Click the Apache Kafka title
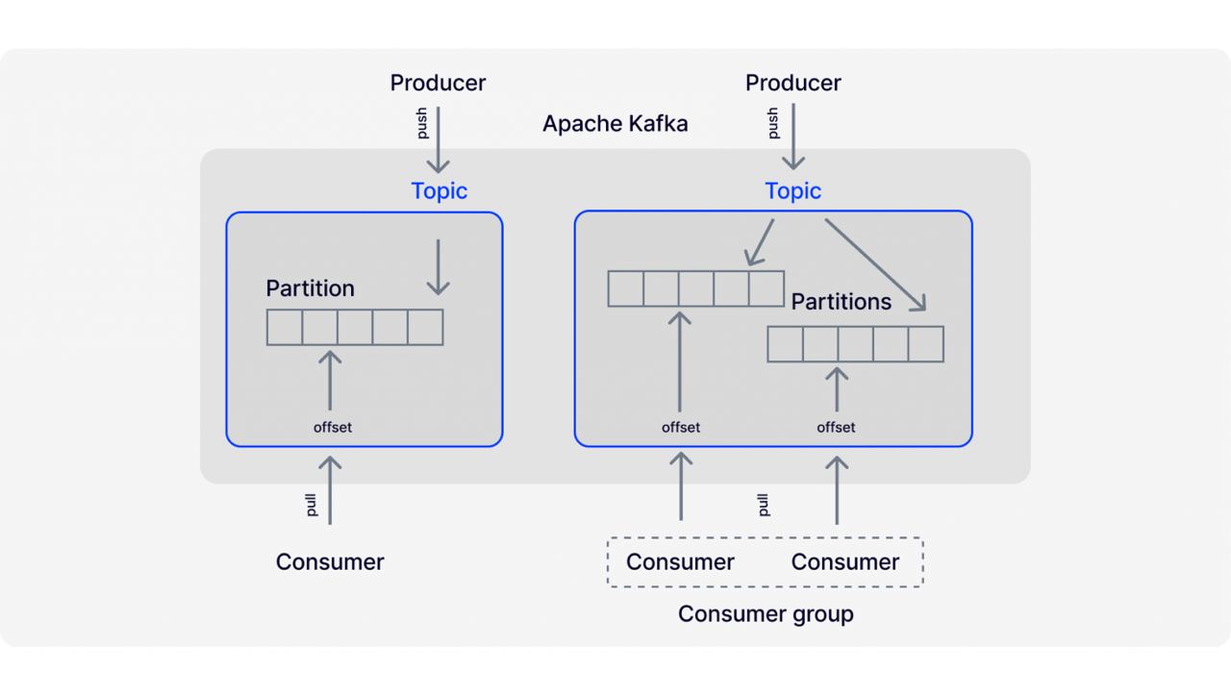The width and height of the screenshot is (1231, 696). (x=615, y=124)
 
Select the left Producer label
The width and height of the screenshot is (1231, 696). (x=438, y=83)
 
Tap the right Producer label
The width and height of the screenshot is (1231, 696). (x=793, y=83)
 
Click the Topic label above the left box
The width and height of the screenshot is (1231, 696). (x=440, y=191)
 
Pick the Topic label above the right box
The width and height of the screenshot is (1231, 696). (x=793, y=191)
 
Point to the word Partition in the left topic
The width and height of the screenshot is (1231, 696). (x=310, y=288)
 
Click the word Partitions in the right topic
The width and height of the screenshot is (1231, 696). (x=841, y=302)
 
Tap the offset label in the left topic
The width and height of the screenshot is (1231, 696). (x=333, y=428)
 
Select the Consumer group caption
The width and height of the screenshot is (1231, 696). (x=766, y=614)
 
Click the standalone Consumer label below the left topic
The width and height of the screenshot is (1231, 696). (x=330, y=562)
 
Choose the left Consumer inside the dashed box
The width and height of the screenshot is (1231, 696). (x=680, y=562)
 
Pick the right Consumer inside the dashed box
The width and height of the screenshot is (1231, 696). (x=845, y=562)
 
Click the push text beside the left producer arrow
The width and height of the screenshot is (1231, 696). (x=421, y=123)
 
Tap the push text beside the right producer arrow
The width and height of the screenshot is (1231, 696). (x=773, y=123)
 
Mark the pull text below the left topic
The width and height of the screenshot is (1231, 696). (x=311, y=506)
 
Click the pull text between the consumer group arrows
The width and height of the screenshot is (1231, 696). (x=764, y=506)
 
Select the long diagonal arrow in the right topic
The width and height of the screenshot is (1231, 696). (x=875, y=264)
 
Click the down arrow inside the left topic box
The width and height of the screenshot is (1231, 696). (x=438, y=267)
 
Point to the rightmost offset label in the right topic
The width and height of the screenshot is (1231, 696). (x=836, y=428)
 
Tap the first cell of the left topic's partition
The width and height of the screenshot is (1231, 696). (x=284, y=328)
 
